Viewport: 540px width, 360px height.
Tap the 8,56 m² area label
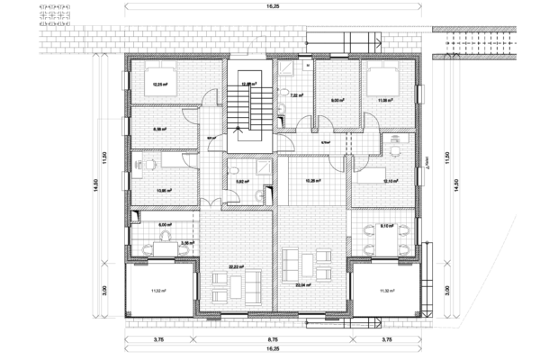162,129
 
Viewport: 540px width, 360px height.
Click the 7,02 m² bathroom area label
295,94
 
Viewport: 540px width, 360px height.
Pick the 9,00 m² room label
337,101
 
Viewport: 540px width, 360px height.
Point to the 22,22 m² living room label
237,266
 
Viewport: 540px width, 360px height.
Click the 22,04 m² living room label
302,284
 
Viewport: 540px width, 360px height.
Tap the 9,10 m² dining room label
388,226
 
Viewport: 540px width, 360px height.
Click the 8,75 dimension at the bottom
271,339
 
